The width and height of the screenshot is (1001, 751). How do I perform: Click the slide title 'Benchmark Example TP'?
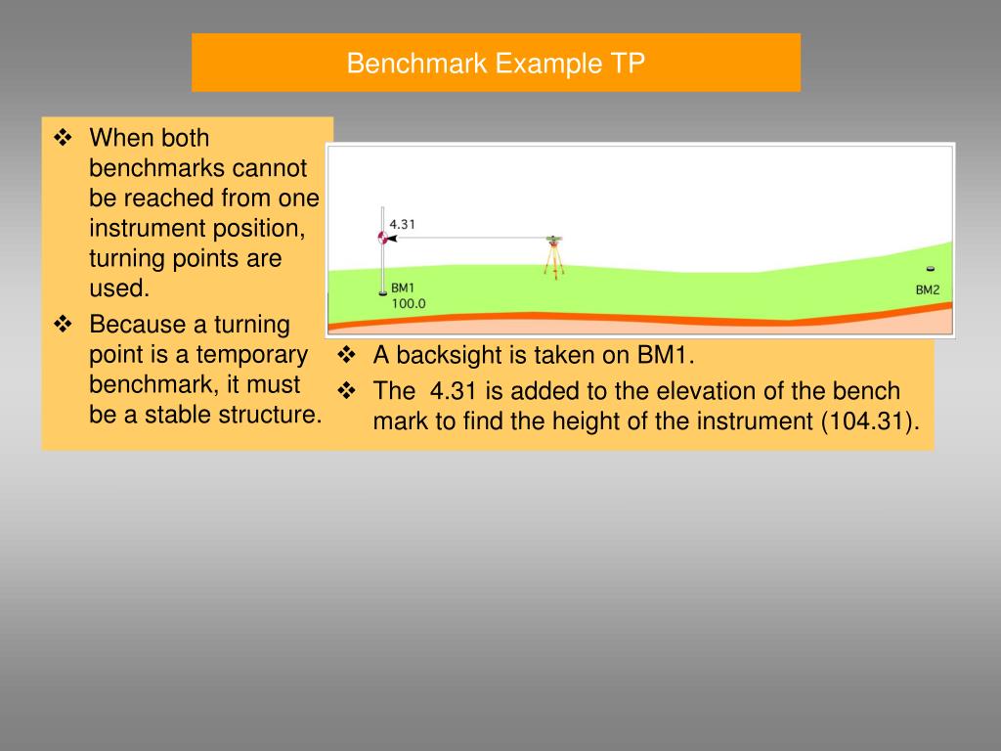496,64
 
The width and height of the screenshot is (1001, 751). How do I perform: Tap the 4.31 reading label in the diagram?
403,224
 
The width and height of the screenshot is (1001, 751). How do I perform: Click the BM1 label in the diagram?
403,288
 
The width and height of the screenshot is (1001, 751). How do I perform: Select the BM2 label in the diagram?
927,289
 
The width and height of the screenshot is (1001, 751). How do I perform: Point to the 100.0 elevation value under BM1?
409,304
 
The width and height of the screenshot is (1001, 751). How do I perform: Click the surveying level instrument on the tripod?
554,239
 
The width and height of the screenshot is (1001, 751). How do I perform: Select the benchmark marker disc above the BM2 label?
930,269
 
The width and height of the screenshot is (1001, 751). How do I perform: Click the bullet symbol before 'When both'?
65,138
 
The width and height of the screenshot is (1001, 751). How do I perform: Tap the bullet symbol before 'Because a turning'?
65,324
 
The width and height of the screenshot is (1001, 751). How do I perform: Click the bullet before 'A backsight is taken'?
348,355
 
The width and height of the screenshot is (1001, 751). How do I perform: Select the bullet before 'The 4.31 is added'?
348,392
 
